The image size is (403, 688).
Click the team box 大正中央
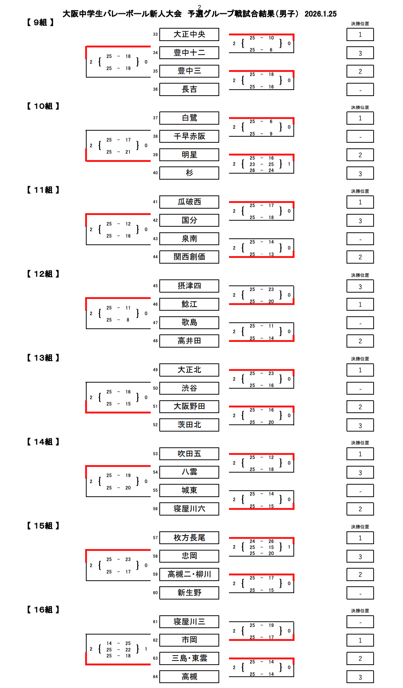[189, 34]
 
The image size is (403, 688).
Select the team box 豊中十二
[189, 53]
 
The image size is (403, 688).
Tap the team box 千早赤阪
[189, 136]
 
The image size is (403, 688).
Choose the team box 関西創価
[189, 257]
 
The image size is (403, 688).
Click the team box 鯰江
[189, 304]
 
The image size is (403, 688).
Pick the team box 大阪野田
[189, 406]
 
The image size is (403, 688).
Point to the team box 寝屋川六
[189, 509]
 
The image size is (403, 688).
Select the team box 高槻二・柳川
[189, 574]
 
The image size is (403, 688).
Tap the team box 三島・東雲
[189, 658]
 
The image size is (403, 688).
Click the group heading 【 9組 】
[40, 23]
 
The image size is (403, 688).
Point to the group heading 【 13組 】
[43, 358]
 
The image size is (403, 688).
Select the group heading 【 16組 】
[43, 610]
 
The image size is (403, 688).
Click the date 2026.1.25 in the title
[321, 14]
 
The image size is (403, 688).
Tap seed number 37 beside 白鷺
[155, 118]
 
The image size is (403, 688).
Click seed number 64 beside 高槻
[155, 677]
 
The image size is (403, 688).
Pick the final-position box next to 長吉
[360, 90]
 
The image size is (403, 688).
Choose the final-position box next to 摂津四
[360, 286]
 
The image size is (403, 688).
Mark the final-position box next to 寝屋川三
[360, 622]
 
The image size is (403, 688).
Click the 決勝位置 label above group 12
[360, 275]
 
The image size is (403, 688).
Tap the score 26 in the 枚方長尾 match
[271, 541]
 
